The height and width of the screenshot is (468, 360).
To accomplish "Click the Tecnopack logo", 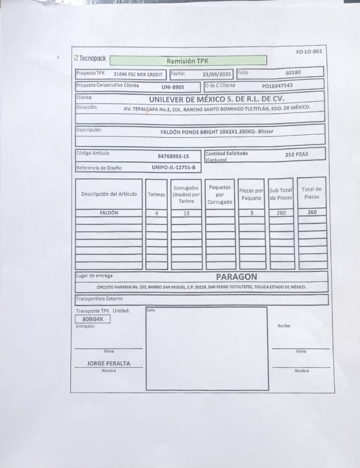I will coord(91,58).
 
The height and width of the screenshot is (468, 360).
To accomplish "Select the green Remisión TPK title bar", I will coord(188,61).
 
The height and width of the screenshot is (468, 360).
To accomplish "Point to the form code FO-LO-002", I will coord(309,52).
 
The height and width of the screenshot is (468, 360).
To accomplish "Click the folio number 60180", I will coord(293,72).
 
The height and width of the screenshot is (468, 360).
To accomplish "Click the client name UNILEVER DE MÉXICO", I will coord(217,99).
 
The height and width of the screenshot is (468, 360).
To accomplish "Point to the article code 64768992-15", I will coord(173,156).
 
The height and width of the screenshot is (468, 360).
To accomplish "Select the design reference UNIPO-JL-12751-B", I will coord(173,167).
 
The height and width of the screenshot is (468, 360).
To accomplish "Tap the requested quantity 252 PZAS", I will coord(297,154).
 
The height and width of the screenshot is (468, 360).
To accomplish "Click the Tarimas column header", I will coord(156,195).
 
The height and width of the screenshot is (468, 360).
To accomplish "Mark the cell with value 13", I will coord(186,213).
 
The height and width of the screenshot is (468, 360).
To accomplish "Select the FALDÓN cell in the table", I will coord(109,213).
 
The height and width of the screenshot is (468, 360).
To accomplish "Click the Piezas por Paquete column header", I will coord(251,194).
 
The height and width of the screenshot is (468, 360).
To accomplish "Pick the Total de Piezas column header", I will coord(311,193).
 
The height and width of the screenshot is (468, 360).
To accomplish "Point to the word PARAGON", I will coord(237,276).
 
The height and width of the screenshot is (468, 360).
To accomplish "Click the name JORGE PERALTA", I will coord(108,364).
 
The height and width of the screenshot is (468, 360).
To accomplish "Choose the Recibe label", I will coord(284,326).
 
